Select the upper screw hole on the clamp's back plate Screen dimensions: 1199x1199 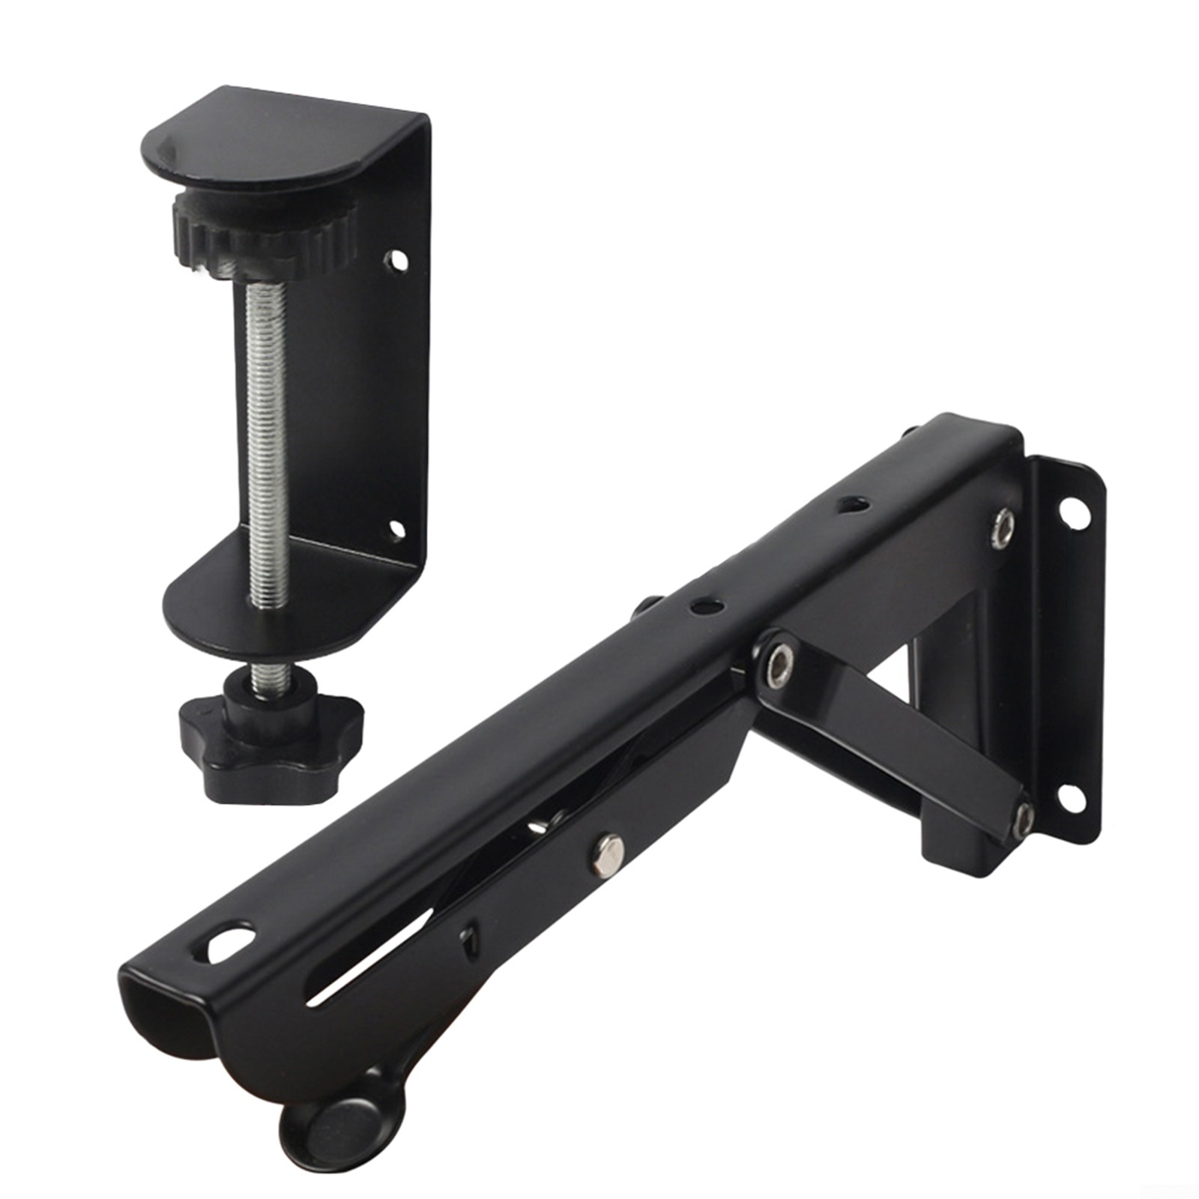[x=395, y=260]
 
